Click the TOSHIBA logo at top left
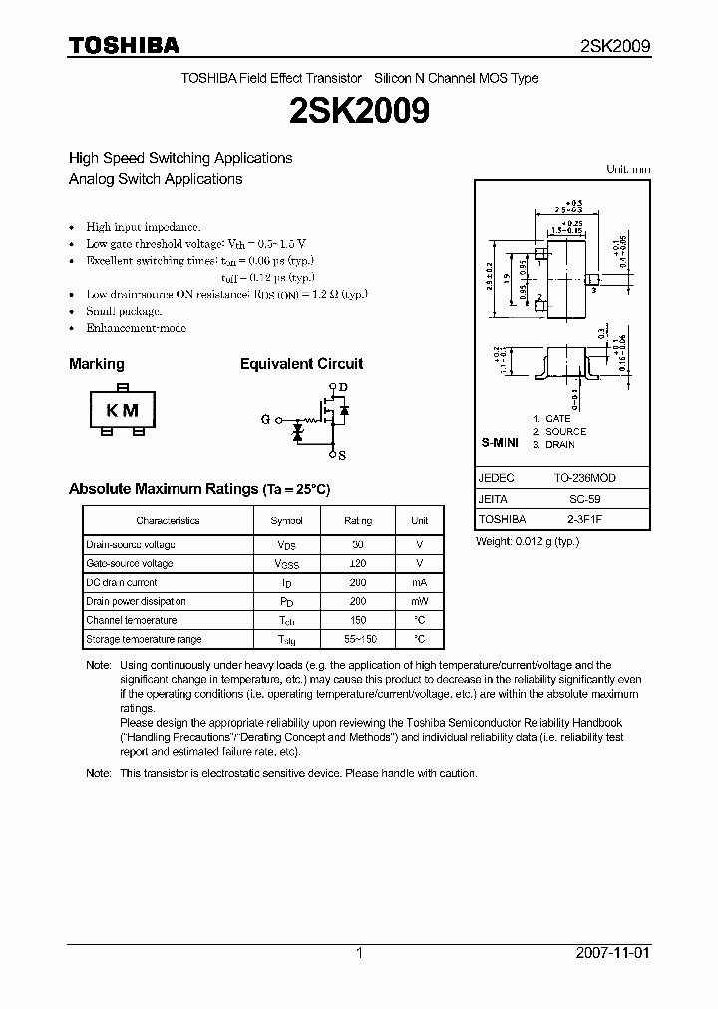[x=124, y=45]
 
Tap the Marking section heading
[x=97, y=364]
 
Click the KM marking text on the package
[x=122, y=410]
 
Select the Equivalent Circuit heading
[x=301, y=364]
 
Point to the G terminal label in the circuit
[x=265, y=420]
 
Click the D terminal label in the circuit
[x=343, y=387]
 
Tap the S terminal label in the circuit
[x=342, y=455]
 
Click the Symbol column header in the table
[x=286, y=521]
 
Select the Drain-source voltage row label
[x=131, y=545]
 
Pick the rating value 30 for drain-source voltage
[x=358, y=545]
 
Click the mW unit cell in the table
[x=420, y=602]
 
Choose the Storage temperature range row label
[x=144, y=640]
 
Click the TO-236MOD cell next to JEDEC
[x=591, y=478]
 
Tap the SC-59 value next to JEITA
[x=591, y=499]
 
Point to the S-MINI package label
[x=499, y=441]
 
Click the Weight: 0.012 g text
[x=528, y=541]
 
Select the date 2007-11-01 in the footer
[x=613, y=953]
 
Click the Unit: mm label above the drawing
[x=628, y=169]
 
